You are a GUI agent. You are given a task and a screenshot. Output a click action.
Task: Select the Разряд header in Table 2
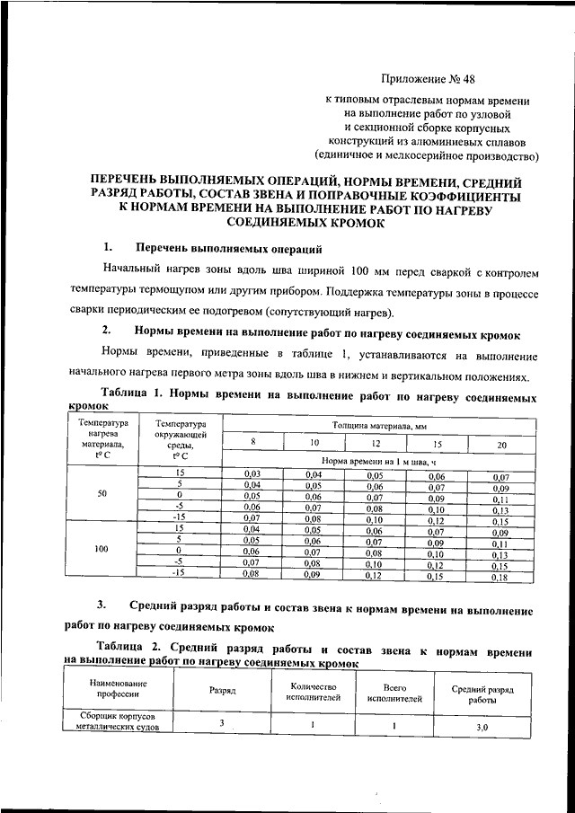pyautogui.click(x=222, y=692)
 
